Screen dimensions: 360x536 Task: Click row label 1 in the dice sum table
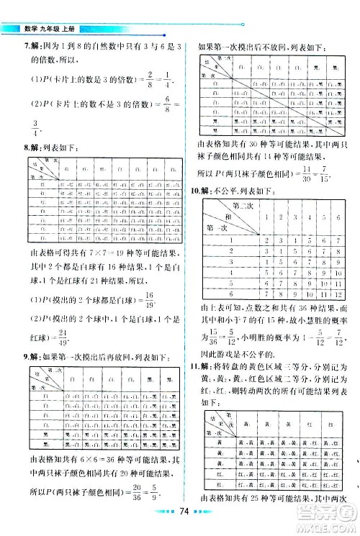click(230, 240)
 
